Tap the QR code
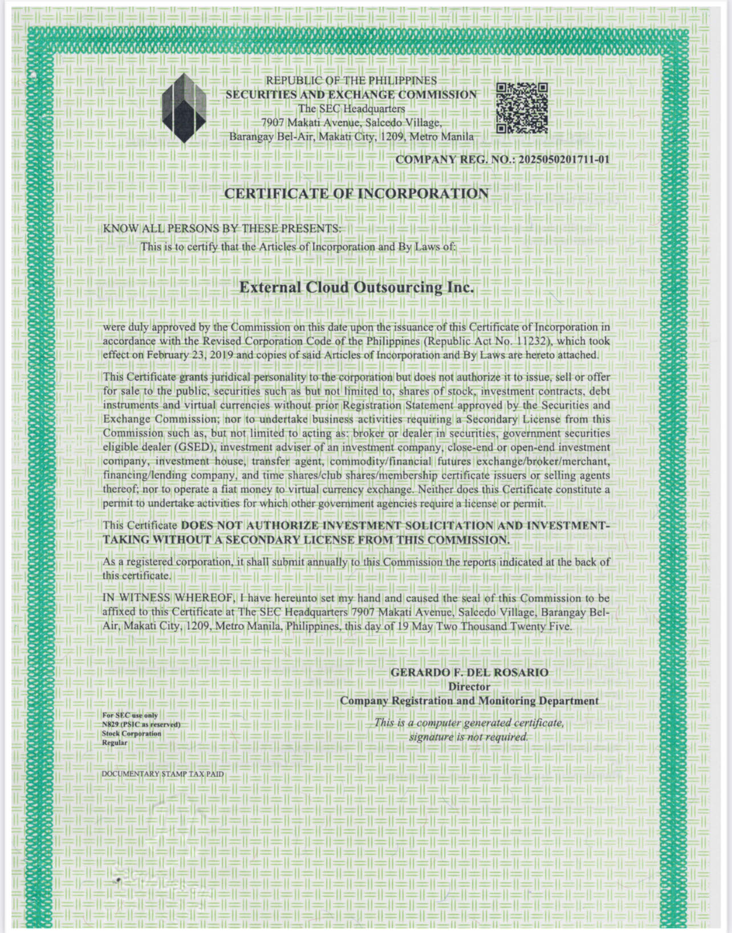point(522,108)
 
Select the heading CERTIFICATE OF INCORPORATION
point(356,194)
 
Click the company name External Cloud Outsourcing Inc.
point(356,287)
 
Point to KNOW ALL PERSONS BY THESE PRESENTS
point(221,229)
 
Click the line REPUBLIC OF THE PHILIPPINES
point(351,81)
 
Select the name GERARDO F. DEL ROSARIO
point(469,673)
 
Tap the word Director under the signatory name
point(469,687)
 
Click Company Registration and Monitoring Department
point(469,700)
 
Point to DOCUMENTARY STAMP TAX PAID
point(162,774)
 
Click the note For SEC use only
point(130,715)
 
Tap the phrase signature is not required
point(469,737)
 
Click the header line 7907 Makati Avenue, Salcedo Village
point(351,123)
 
